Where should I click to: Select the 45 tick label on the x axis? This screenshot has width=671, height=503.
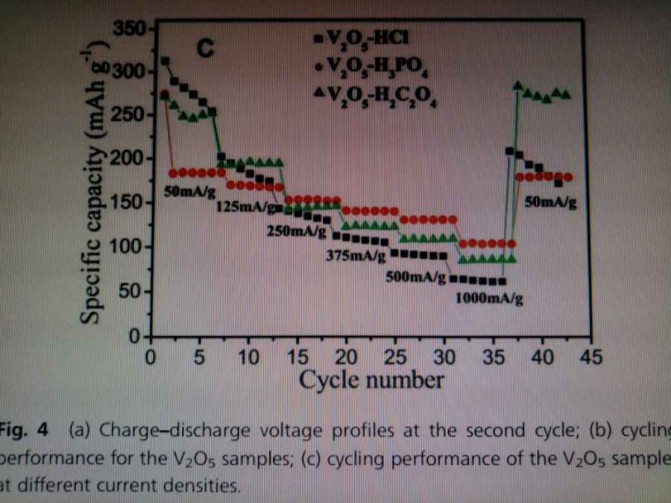coord(589,357)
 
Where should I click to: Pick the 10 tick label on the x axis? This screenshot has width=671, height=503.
coord(248,357)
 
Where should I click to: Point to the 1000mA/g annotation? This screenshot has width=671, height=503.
coord(488,300)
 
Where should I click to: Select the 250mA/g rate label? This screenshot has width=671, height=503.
coord(296,231)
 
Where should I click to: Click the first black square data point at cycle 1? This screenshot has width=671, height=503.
coord(165,60)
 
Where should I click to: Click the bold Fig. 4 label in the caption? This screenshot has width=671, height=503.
coord(25,430)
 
